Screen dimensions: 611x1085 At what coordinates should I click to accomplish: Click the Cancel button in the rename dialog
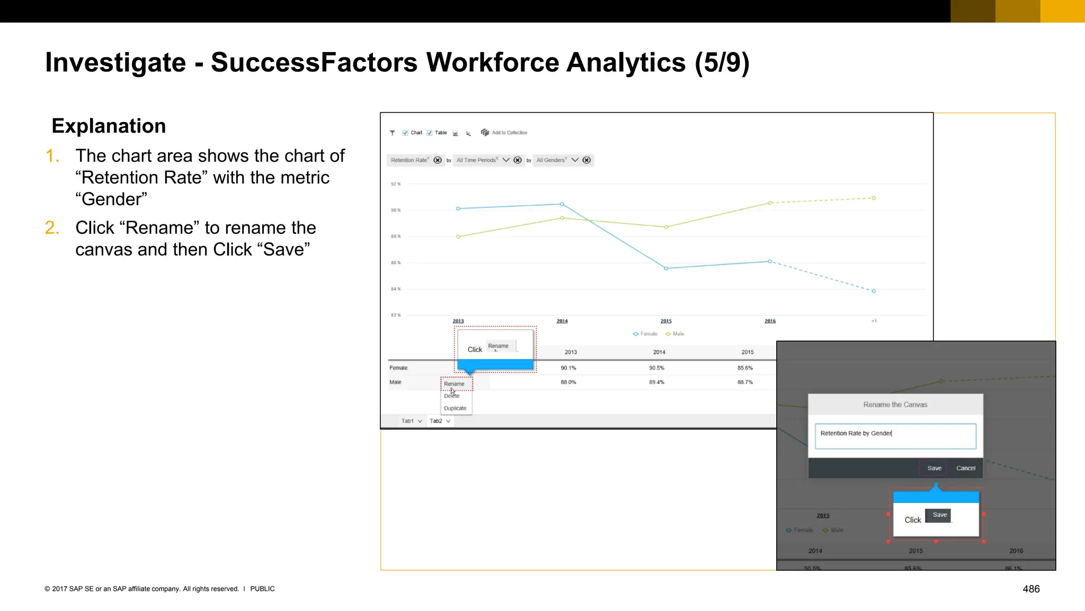tap(965, 468)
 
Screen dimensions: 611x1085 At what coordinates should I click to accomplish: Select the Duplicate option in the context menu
tap(455, 408)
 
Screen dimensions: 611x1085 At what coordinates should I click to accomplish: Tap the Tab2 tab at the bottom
tap(436, 421)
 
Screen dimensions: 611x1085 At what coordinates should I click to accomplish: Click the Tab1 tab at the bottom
tap(407, 421)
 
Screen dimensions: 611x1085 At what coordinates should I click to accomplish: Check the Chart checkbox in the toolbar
tap(405, 133)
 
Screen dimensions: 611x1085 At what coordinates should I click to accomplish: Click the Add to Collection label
tap(509, 133)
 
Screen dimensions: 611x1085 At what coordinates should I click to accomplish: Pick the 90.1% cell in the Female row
tap(568, 368)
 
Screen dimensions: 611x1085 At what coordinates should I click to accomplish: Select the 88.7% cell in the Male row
tap(745, 382)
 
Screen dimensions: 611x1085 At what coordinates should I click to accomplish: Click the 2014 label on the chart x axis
tap(562, 321)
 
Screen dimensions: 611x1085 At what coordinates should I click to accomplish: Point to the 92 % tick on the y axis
tap(396, 184)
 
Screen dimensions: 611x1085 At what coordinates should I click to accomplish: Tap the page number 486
tap(1031, 589)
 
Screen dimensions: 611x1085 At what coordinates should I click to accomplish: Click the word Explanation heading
tap(109, 126)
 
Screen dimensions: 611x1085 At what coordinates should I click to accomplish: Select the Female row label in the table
tap(398, 368)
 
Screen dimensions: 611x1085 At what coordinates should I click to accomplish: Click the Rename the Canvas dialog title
tap(895, 405)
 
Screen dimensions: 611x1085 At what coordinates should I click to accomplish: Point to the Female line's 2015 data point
tap(666, 268)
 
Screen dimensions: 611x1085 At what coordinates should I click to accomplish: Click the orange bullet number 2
tap(52, 228)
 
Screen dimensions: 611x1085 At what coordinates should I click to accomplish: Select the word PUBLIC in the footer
tap(262, 589)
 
